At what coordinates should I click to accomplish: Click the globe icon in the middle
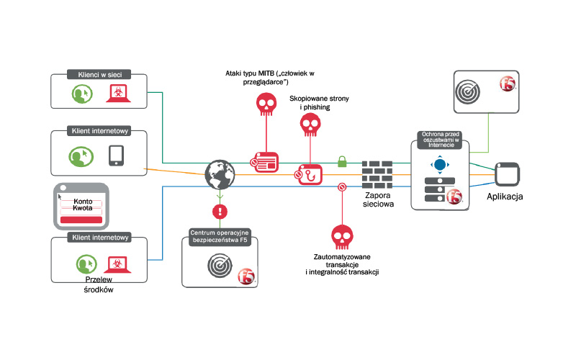click(220, 174)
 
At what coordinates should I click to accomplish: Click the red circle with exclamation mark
click(220, 212)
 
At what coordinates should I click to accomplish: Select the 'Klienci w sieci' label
click(99, 73)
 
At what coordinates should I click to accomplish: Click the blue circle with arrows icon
click(439, 164)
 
